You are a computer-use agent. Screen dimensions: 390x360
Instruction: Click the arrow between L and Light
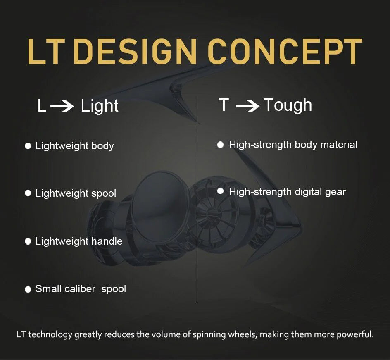coord(62,106)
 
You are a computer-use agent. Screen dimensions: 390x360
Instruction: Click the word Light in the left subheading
coord(100,106)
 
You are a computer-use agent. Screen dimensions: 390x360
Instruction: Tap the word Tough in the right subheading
coord(288,105)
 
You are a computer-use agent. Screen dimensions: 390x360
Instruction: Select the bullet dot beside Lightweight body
coord(28,146)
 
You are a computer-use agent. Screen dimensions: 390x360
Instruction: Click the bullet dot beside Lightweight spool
coord(28,193)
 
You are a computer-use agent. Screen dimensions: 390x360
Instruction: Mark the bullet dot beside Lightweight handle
coord(28,241)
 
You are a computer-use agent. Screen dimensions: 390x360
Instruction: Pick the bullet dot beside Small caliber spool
coord(28,289)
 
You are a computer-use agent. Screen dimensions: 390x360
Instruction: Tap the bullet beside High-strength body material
coord(220,145)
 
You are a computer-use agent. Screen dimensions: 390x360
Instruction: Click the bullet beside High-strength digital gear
coord(220,191)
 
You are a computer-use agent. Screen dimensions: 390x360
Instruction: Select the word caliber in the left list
coord(80,288)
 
